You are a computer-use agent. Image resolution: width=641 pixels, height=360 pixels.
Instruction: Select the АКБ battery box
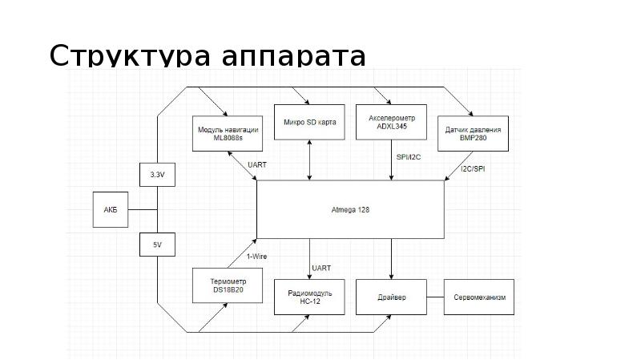(x=111, y=209)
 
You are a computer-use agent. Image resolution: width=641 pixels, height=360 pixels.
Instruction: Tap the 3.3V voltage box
(x=157, y=174)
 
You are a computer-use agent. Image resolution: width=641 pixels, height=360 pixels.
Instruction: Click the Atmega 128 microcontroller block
(x=350, y=209)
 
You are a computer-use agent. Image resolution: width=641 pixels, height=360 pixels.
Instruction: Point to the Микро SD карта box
(x=310, y=123)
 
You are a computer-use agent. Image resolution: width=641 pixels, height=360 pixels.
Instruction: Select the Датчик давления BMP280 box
(x=474, y=133)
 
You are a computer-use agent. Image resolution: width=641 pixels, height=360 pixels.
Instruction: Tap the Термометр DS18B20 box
(x=228, y=285)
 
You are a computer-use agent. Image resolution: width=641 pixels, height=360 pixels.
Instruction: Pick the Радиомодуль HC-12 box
(x=310, y=298)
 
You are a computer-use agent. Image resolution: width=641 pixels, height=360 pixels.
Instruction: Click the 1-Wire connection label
(x=256, y=257)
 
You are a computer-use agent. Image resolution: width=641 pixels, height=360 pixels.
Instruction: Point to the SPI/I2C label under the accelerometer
(x=409, y=156)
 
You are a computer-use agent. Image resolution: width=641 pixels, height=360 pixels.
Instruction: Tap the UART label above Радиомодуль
(x=320, y=268)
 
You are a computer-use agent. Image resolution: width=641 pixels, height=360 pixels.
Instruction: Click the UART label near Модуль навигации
(x=258, y=164)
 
